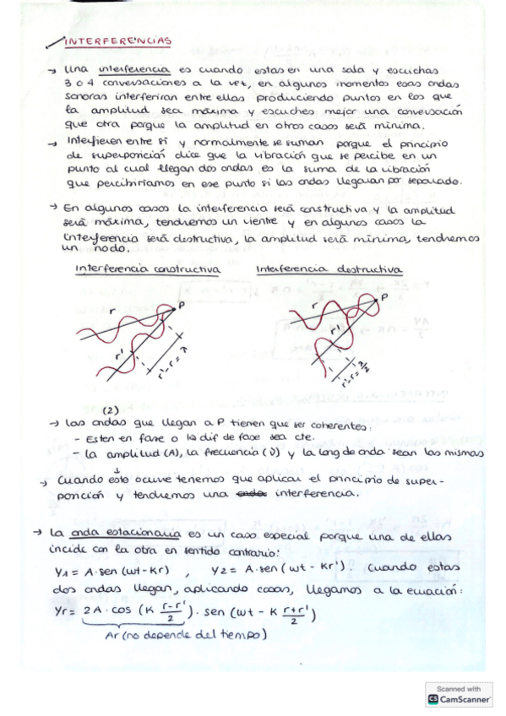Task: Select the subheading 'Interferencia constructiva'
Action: coord(147,270)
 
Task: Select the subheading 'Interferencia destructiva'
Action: coord(329,270)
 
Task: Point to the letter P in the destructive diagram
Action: coord(384,298)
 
